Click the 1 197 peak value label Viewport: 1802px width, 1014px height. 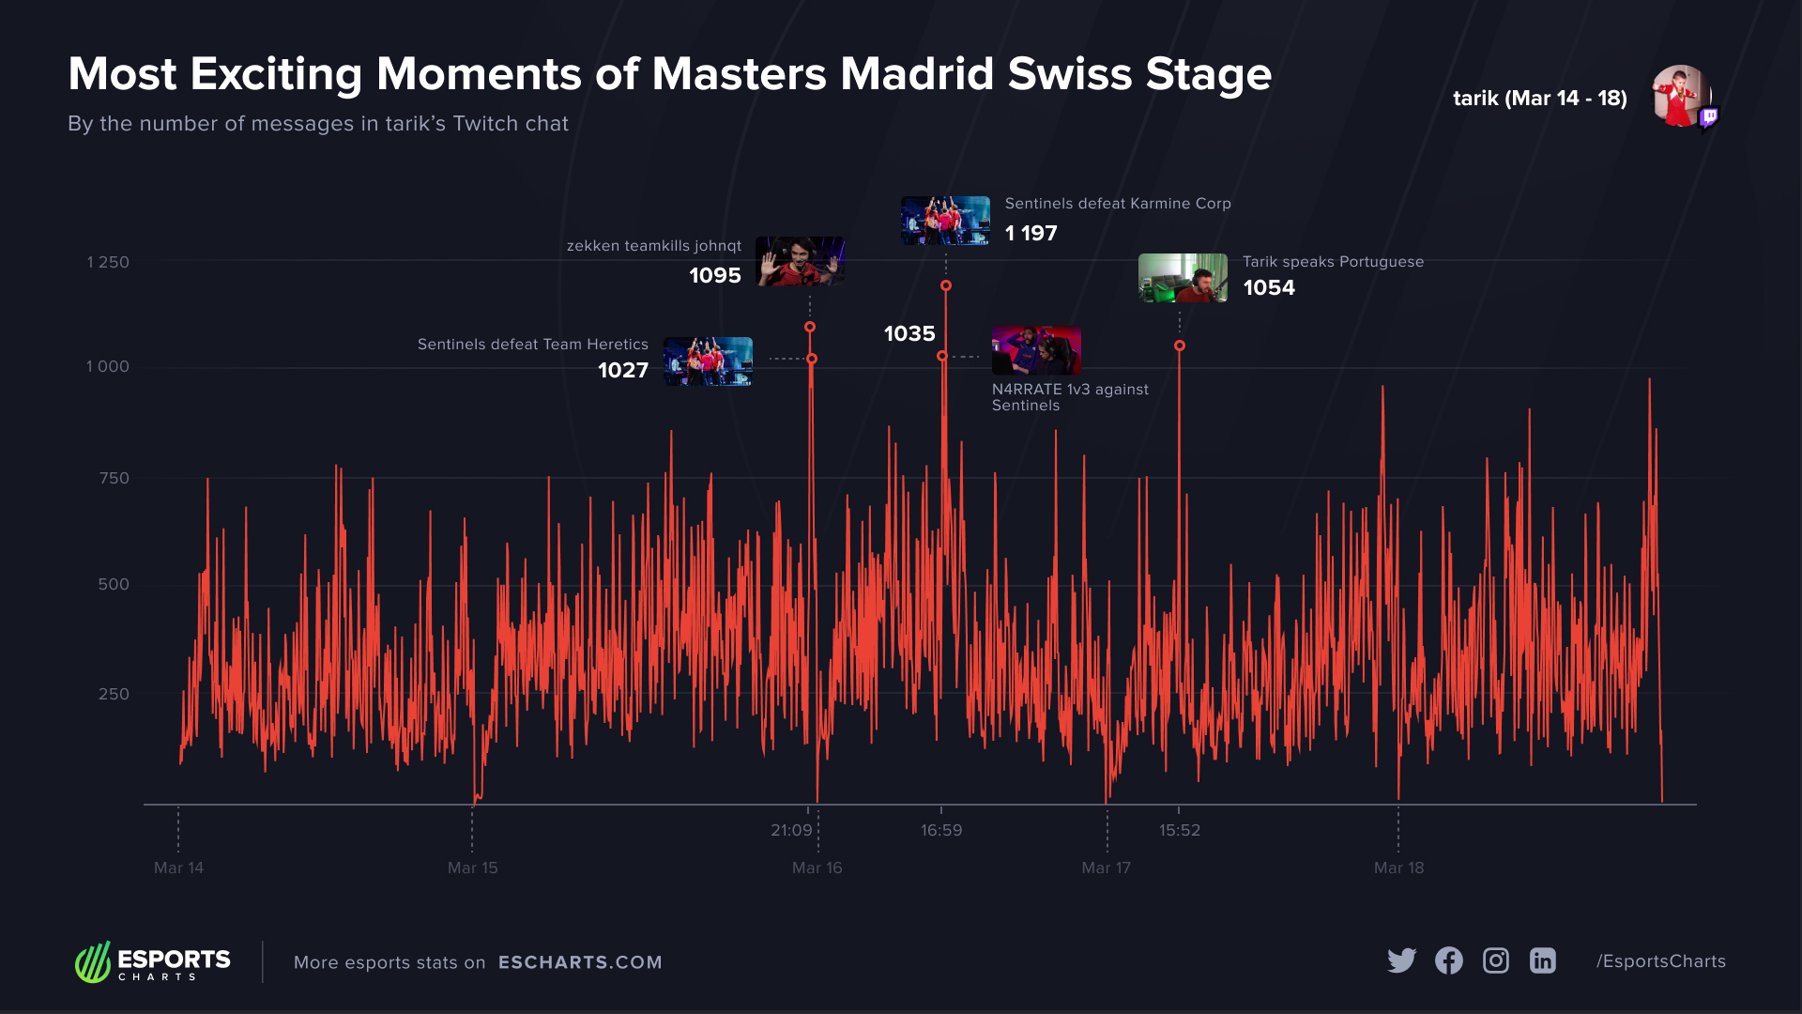click(1031, 233)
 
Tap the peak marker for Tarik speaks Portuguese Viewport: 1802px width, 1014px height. click(1180, 346)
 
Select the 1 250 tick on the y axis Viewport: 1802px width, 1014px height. click(108, 262)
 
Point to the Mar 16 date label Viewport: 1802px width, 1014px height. click(817, 868)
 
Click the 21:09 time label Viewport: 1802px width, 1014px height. click(791, 830)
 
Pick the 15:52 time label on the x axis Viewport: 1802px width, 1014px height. click(1179, 830)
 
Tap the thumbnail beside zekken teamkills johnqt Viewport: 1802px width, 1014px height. click(800, 261)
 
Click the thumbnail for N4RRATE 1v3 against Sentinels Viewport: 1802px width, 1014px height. click(1036, 350)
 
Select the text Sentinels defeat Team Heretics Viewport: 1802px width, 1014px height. click(532, 345)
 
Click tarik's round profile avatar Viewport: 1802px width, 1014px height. click(1681, 96)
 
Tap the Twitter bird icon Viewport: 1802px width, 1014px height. click(1401, 960)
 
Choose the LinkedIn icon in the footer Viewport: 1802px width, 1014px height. click(1542, 960)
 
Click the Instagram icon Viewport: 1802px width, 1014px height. click(1495, 960)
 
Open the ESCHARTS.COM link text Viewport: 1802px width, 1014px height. click(580, 962)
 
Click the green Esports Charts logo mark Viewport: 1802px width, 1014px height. click(93, 962)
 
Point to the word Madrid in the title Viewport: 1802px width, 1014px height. click(917, 74)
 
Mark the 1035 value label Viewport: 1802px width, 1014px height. click(909, 333)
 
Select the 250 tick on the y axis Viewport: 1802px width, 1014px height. click(114, 694)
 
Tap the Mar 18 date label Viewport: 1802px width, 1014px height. click(1398, 868)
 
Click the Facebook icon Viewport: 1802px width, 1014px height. click(1448, 960)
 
